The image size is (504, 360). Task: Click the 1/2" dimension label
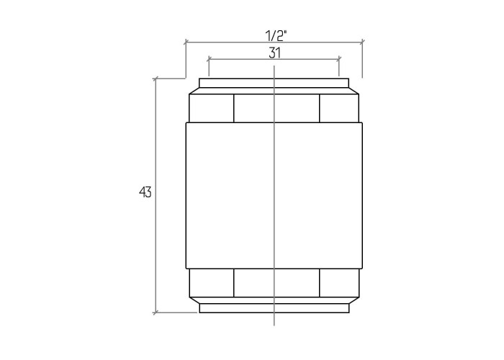coord(276,35)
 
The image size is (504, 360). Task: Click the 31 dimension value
coord(274,53)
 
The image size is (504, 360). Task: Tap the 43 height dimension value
coord(145,192)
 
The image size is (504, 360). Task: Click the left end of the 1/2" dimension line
coord(186,42)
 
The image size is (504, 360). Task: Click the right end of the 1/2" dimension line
coord(363,42)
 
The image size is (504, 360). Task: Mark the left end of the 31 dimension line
coord(209,59)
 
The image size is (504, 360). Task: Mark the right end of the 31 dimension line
coord(339,59)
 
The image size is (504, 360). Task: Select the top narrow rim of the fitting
coord(274,83)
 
